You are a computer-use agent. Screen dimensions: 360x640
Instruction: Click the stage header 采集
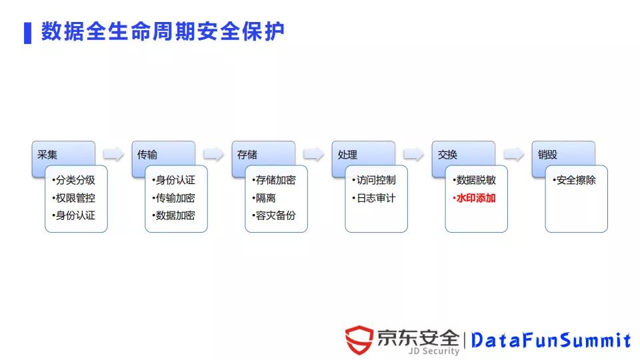coord(48,155)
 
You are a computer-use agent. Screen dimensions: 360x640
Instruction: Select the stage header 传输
coord(148,155)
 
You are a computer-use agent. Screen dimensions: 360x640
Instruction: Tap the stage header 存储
coord(247,155)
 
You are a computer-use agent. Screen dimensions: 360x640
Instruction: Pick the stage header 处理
coord(347,155)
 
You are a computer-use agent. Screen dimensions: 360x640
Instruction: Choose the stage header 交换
coord(448,155)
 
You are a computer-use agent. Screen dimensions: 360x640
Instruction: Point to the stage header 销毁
coord(548,155)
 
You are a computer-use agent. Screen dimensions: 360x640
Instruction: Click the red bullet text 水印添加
coord(475,198)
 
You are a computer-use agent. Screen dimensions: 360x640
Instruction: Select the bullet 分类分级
coord(75,180)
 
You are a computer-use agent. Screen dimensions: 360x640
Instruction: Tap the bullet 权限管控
coord(75,198)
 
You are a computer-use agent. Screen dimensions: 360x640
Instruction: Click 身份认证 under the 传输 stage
coord(174,180)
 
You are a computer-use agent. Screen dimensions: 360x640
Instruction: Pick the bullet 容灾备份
coord(274,215)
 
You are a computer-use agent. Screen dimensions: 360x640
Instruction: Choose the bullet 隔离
coord(265,198)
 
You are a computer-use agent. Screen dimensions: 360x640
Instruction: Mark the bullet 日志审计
coord(374,198)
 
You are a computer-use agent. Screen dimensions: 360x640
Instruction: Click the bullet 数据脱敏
coord(475,180)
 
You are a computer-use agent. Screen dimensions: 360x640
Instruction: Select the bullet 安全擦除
coord(575,180)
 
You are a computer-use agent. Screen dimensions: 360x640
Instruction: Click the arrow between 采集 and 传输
coord(113,155)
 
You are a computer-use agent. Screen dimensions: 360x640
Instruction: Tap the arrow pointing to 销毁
coord(513,155)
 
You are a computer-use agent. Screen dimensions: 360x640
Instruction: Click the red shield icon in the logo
coord(359,340)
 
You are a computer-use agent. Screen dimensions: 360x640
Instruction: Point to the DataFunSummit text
coord(551,341)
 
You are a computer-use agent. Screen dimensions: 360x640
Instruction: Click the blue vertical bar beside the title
coord(27,33)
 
